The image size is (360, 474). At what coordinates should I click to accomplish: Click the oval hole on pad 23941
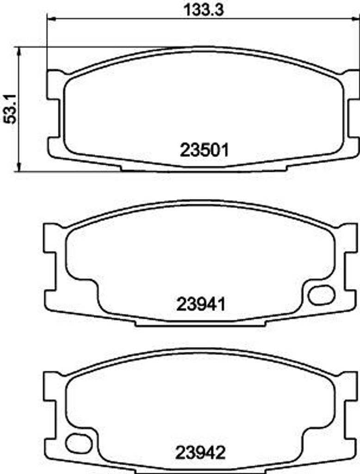321,295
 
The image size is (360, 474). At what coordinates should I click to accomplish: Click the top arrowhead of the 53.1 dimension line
19,50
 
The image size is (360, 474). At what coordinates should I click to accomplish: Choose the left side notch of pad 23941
49,271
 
